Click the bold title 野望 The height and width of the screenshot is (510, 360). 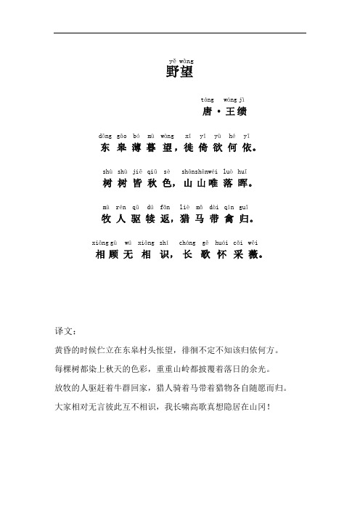[x=180, y=73]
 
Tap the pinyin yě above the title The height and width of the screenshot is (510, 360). [x=172, y=60]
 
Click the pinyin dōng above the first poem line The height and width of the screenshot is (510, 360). [x=105, y=136]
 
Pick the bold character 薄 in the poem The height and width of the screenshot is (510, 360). [x=137, y=147]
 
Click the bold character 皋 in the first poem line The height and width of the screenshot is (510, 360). [x=121, y=147]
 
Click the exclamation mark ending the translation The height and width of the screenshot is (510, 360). [x=271, y=403]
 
